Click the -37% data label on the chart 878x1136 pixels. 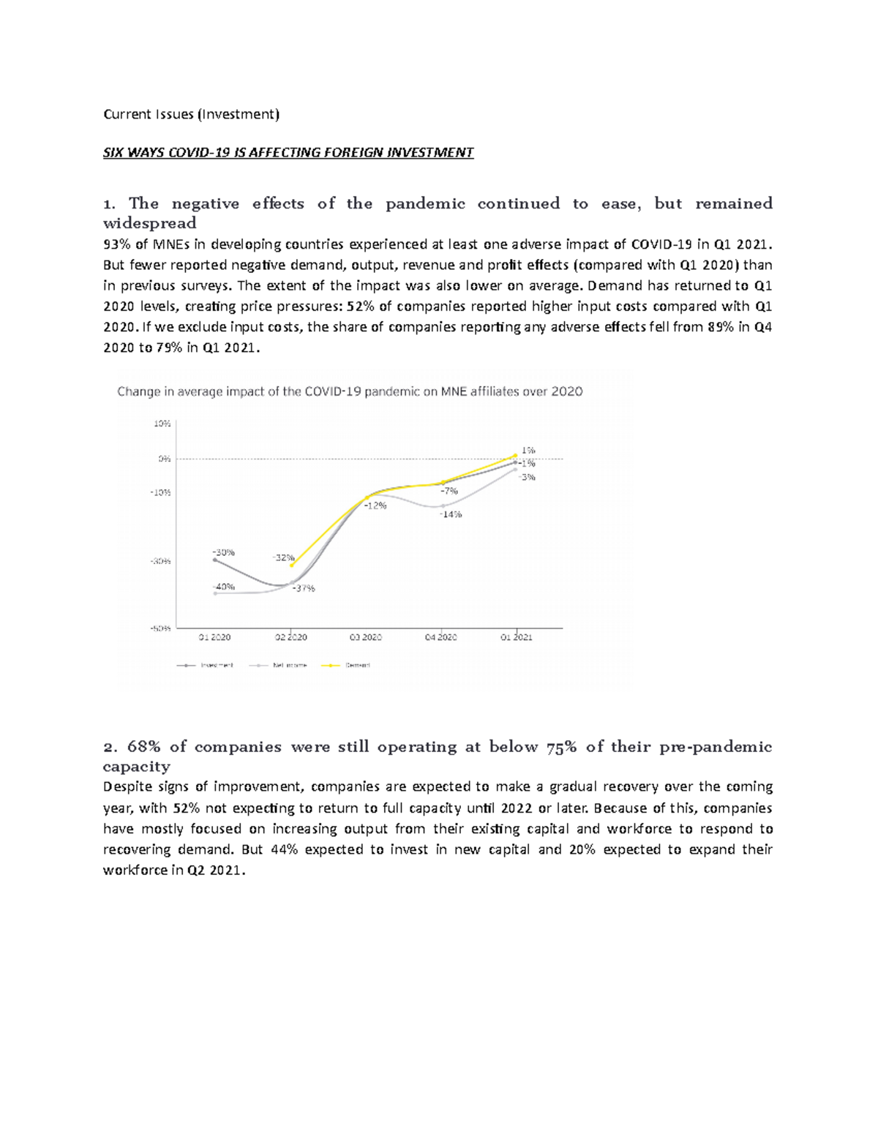pos(304,588)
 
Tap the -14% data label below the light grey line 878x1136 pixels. pos(451,514)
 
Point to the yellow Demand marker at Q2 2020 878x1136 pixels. pos(292,565)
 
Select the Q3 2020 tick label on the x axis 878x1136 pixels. pos(365,637)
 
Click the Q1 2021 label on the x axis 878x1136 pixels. pos(517,637)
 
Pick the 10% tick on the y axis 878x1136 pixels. pos(162,424)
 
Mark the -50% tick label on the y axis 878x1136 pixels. pos(161,628)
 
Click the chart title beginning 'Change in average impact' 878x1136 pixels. pos(350,391)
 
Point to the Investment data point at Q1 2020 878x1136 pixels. pos(215,560)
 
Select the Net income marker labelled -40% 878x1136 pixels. pos(215,593)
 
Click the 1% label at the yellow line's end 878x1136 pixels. pos(528,451)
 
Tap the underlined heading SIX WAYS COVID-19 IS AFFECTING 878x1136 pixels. pos(288,152)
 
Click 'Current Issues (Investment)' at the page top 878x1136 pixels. pos(191,114)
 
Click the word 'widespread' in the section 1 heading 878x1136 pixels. pos(149,223)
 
